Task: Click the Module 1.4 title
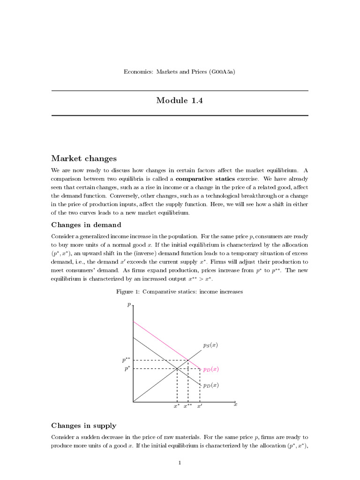[x=180, y=100]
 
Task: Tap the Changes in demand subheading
[x=86, y=225]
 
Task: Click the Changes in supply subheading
[x=83, y=426]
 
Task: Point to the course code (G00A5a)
[x=219, y=72]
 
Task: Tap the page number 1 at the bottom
[x=180, y=463]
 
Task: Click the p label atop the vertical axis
[x=129, y=305]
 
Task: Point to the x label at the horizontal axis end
[x=235, y=405]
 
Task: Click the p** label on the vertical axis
[x=126, y=360]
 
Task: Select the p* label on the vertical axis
[x=127, y=369]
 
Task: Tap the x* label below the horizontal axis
[x=177, y=407]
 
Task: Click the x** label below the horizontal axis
[x=188, y=407]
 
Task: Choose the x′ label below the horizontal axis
[x=200, y=407]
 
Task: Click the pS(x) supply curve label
[x=210, y=345]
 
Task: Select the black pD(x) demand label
[x=210, y=385]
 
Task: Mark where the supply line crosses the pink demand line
[x=188, y=360]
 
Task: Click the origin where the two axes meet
[x=134, y=402]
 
